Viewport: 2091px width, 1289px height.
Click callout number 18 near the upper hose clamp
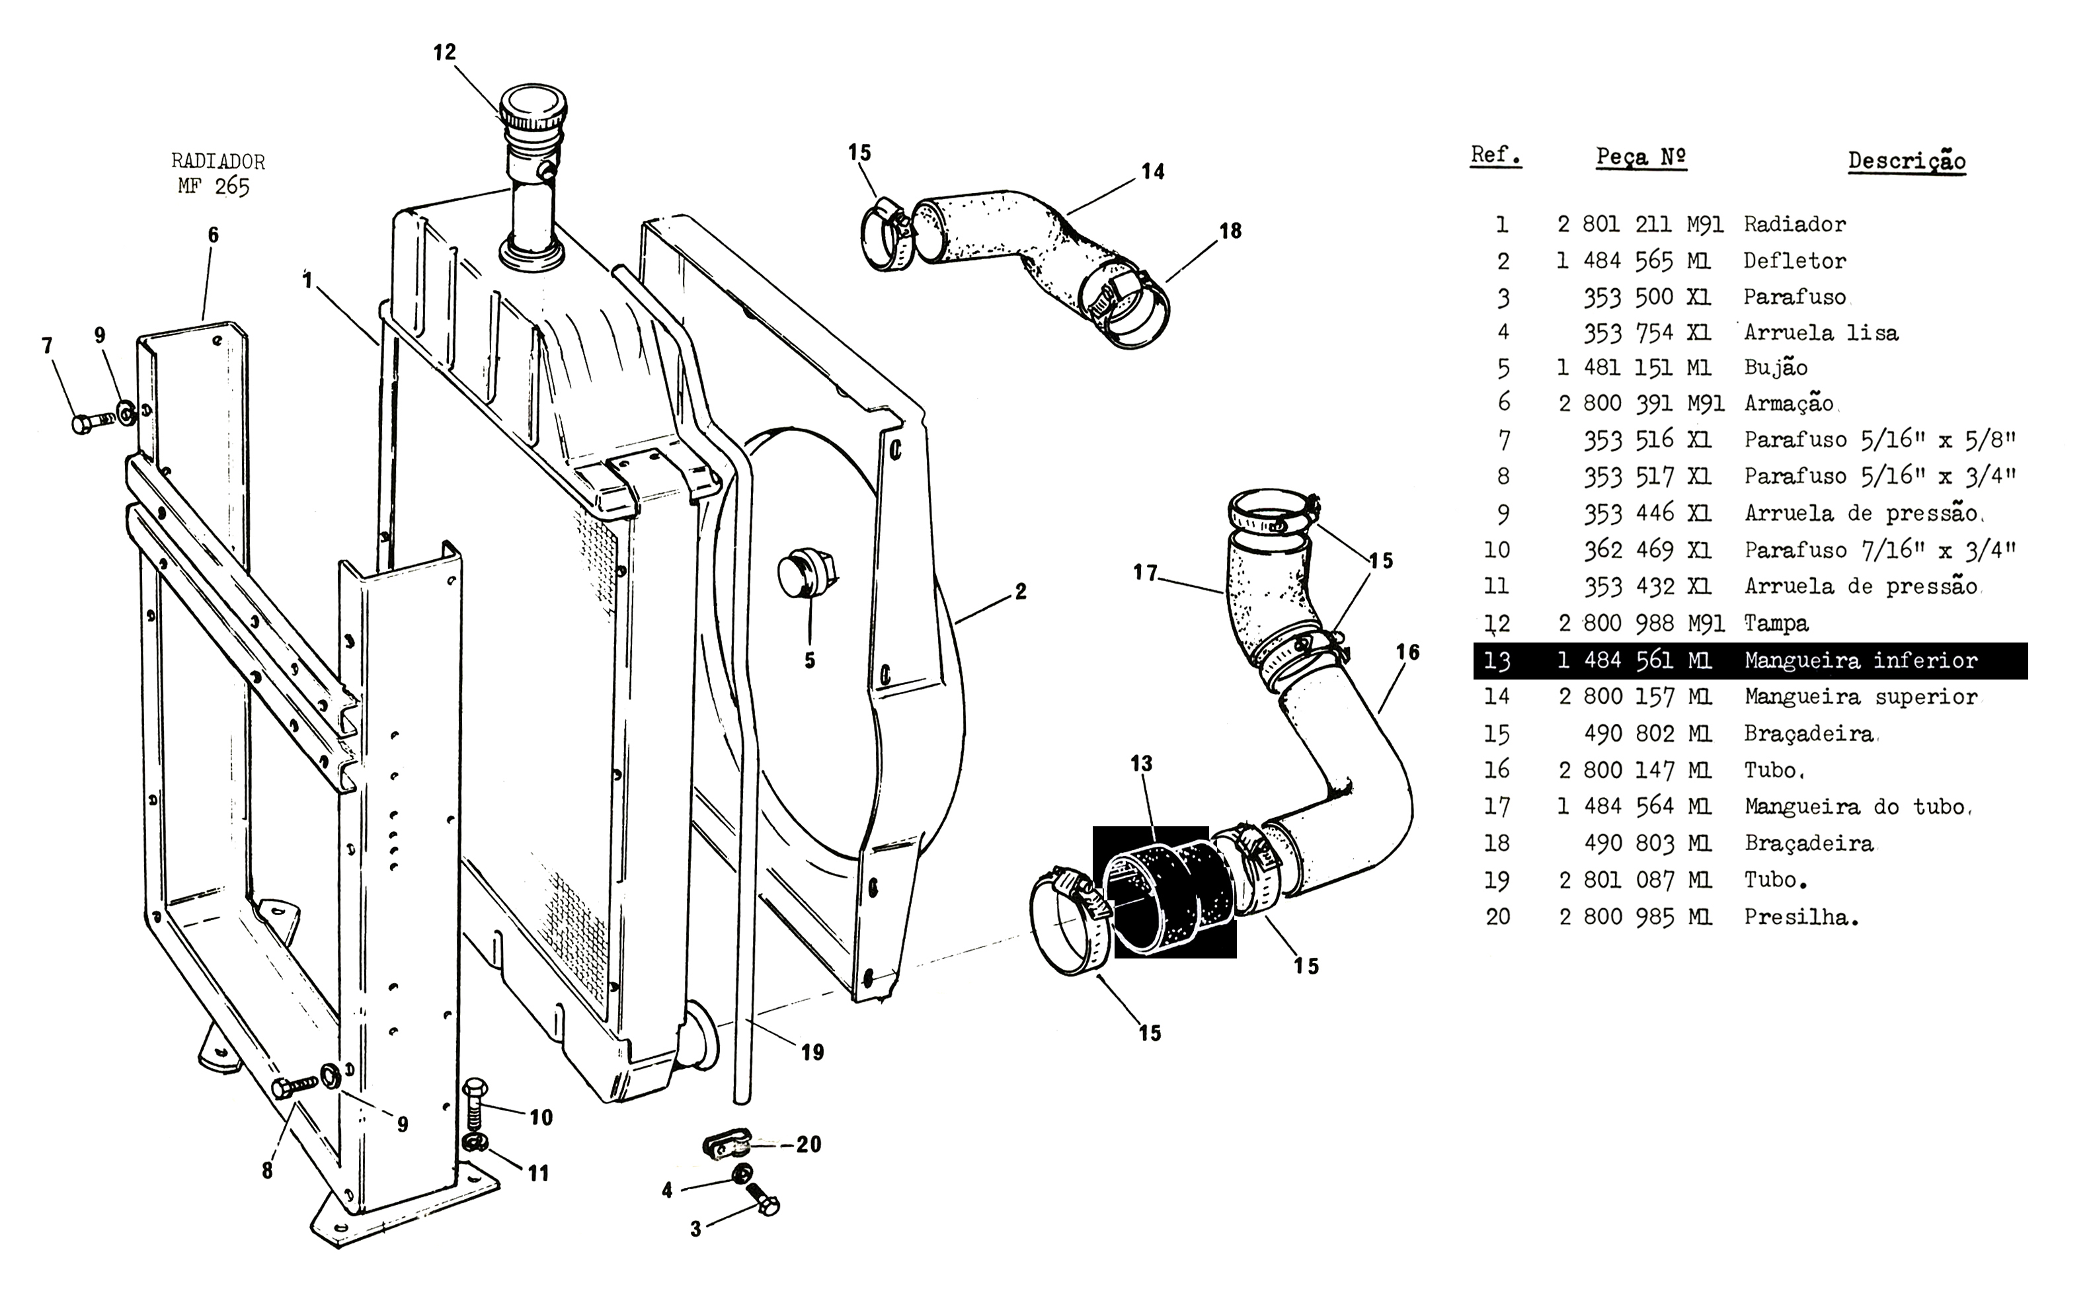(x=1230, y=231)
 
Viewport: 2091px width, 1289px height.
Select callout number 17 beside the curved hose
(x=1145, y=573)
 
